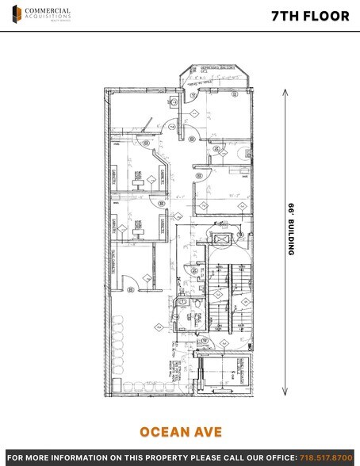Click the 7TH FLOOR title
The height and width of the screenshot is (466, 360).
coord(316,15)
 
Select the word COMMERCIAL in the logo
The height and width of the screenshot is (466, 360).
coord(48,10)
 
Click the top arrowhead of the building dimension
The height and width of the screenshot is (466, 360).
coord(283,93)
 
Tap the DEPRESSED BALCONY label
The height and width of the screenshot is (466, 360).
coord(212,69)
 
